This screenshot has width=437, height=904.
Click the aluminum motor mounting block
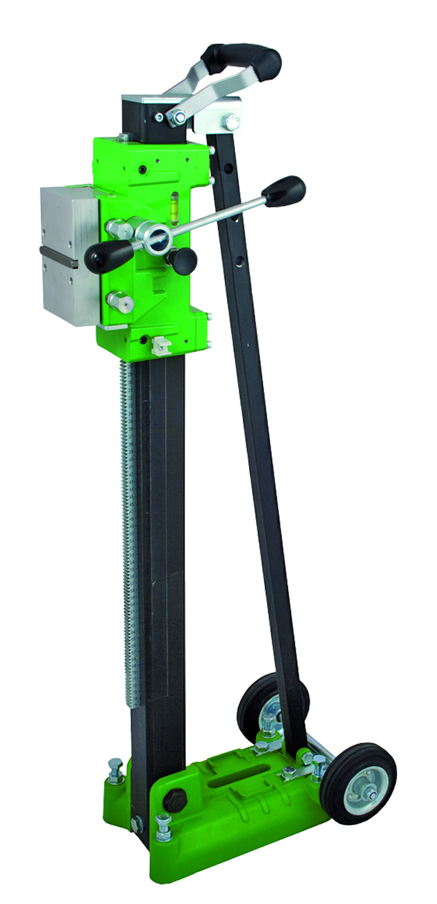68,254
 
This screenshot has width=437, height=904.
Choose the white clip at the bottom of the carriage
160,346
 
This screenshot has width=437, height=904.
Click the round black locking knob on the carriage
184,260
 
